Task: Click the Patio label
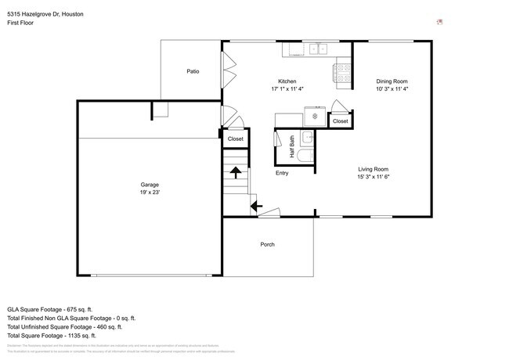(x=193, y=71)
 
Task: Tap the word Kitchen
(x=287, y=81)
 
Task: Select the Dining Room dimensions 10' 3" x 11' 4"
(x=392, y=89)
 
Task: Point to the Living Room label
(x=374, y=169)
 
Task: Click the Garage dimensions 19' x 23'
(x=151, y=193)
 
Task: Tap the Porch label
(x=267, y=244)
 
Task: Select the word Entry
(x=282, y=173)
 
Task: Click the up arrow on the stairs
(x=235, y=171)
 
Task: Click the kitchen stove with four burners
(x=342, y=73)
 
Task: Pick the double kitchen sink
(x=318, y=49)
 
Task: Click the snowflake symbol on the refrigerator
(x=315, y=117)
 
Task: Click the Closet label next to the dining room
(x=340, y=121)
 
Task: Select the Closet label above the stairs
(x=235, y=139)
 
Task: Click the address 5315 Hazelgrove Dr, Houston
(x=45, y=14)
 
